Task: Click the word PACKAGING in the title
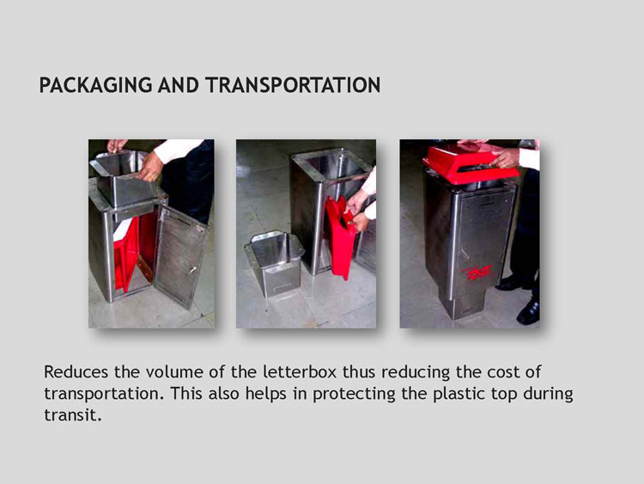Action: (95, 85)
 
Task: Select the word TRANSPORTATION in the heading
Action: (293, 85)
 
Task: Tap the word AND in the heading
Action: (179, 85)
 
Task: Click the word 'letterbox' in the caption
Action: (300, 371)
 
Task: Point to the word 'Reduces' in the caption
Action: (76, 371)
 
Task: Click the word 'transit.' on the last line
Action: (72, 415)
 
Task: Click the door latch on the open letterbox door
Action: (191, 270)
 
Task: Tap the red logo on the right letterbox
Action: (477, 273)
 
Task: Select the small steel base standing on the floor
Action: (275, 263)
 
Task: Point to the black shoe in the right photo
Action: (528, 311)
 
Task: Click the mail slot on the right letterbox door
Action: (487, 204)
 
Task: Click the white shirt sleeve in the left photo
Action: (178, 150)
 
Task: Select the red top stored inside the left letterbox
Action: (127, 253)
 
